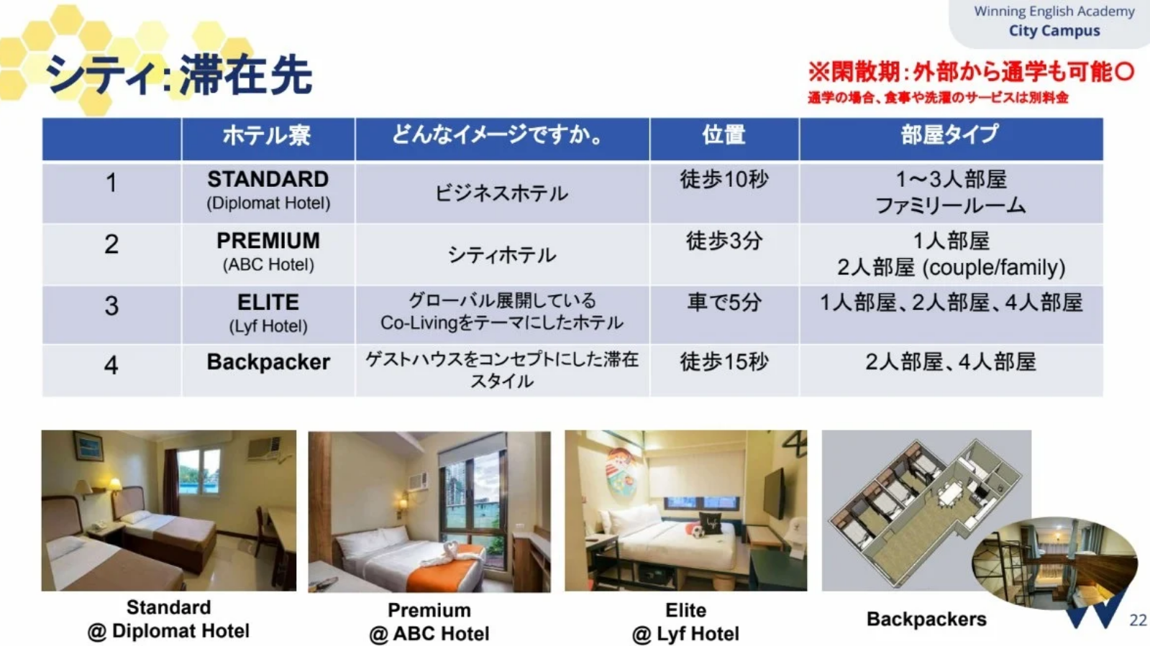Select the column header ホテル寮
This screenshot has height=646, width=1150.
click(x=267, y=136)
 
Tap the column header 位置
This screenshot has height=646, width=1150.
click(x=724, y=135)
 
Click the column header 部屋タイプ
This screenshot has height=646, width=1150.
click(x=950, y=134)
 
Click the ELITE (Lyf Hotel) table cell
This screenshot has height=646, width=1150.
click(x=268, y=313)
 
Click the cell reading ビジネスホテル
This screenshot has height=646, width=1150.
click(x=501, y=193)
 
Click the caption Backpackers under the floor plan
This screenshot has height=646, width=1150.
click(x=926, y=619)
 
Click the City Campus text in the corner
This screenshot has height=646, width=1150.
click(x=1054, y=31)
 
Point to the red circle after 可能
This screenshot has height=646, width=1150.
click(x=1124, y=71)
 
